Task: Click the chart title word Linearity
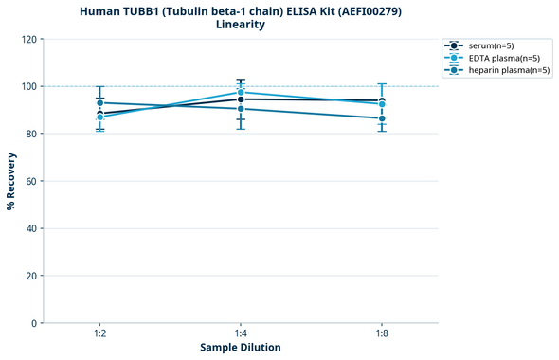click(x=241, y=25)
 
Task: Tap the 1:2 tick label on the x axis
click(x=99, y=334)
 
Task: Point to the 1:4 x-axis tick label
click(x=241, y=334)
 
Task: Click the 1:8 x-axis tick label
click(x=382, y=334)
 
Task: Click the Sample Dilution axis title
click(x=241, y=348)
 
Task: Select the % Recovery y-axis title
click(x=11, y=181)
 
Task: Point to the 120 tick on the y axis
click(x=28, y=39)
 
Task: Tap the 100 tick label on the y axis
click(x=28, y=86)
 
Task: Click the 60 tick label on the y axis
click(x=31, y=181)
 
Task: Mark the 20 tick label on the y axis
click(x=31, y=276)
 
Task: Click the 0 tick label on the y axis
click(x=34, y=323)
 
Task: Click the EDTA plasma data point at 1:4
click(x=241, y=92)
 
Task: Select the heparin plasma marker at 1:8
click(x=382, y=118)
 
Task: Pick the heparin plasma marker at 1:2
click(x=99, y=102)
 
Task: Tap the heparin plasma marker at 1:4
click(x=241, y=109)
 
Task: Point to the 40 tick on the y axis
click(x=31, y=228)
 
